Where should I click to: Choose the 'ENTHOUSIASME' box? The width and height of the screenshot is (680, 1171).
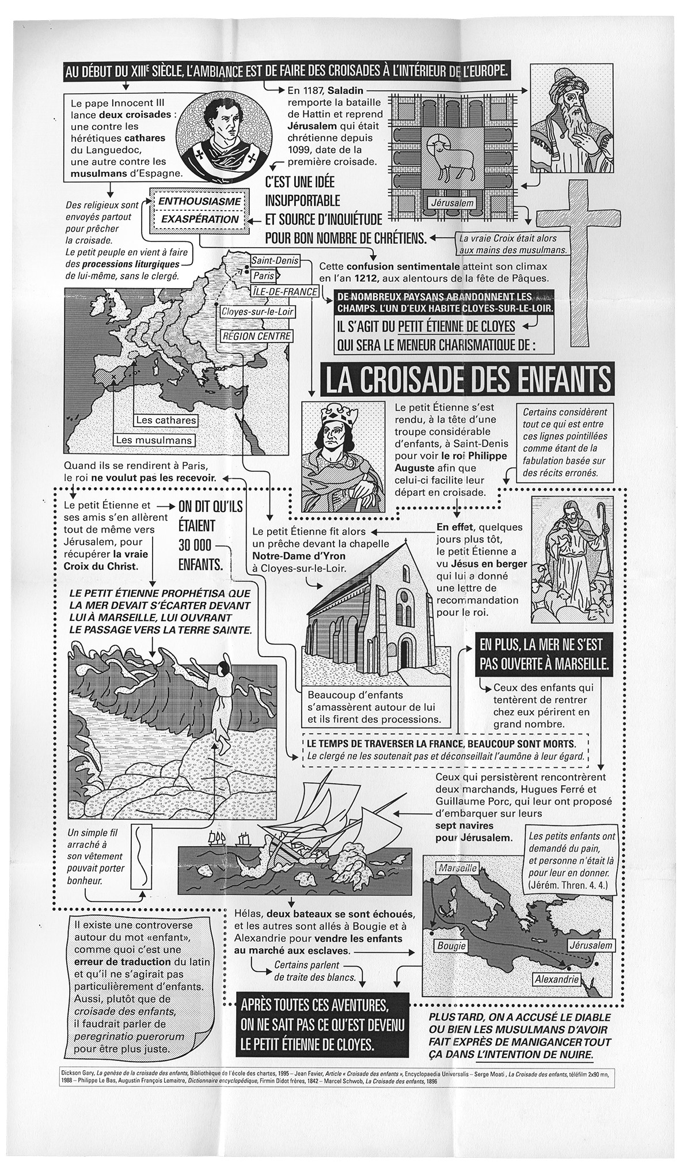(199, 202)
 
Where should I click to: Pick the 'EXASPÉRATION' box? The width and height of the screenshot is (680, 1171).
(199, 219)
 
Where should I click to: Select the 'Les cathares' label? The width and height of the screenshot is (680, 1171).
(166, 420)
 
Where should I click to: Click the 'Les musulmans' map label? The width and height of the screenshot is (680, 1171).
(153, 440)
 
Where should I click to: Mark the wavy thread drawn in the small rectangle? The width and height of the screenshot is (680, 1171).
(140, 855)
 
